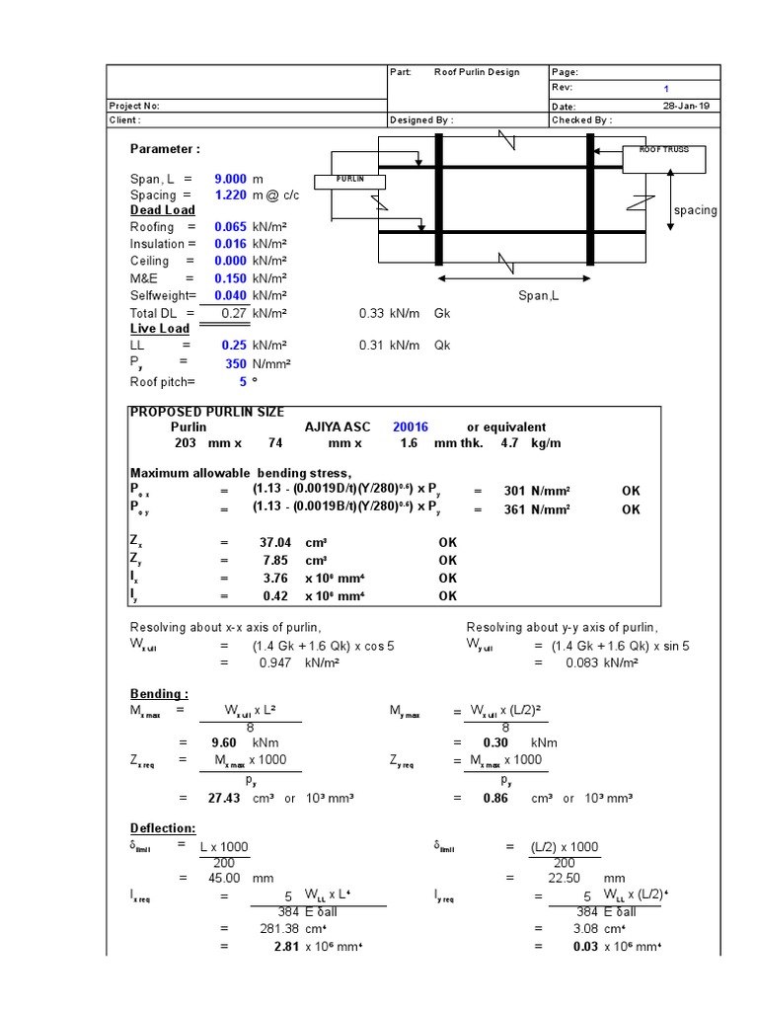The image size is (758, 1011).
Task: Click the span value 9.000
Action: click(230, 179)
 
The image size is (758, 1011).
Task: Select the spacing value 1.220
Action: click(230, 195)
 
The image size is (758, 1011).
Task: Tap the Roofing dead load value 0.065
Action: click(230, 227)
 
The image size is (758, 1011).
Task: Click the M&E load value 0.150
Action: click(230, 278)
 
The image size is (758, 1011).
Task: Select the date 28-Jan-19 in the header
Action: click(685, 106)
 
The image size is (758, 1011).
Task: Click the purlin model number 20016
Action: click(411, 428)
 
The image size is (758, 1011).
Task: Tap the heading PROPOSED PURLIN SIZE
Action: click(207, 412)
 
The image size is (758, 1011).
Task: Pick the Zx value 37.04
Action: click(269, 542)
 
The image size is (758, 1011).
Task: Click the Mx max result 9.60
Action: click(226, 742)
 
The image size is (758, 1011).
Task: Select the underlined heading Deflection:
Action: click(163, 827)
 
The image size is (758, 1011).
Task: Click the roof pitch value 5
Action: click(242, 382)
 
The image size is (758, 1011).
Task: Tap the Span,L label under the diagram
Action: click(539, 295)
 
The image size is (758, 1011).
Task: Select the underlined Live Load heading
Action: click(160, 329)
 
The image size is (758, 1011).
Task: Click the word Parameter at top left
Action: click(165, 148)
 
